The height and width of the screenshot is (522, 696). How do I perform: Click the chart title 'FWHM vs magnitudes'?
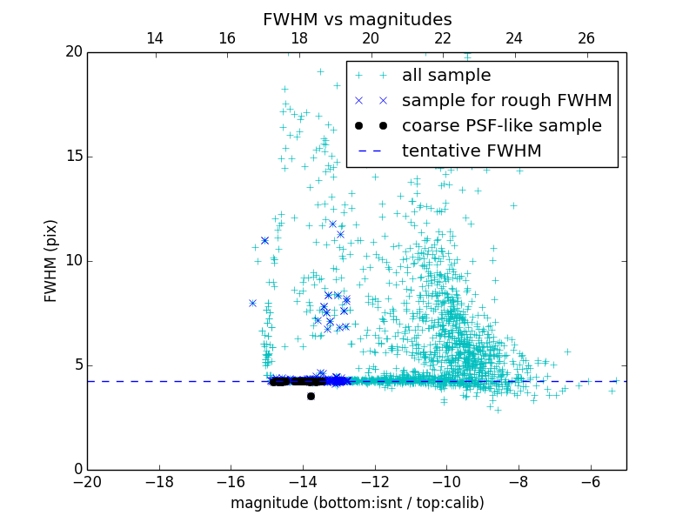click(x=357, y=19)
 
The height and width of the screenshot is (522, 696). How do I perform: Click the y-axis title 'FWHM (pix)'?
click(x=51, y=261)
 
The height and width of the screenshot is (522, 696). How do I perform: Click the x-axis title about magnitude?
click(x=357, y=503)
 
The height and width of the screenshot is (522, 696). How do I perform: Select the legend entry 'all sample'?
click(x=446, y=76)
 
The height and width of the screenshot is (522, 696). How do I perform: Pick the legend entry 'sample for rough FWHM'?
click(x=506, y=101)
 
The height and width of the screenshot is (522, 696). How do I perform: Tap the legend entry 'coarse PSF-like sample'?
click(x=501, y=126)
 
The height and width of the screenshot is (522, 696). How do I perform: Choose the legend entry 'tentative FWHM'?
click(x=472, y=151)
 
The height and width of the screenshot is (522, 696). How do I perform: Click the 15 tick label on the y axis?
click(x=72, y=157)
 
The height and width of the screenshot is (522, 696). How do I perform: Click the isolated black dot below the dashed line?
click(x=311, y=396)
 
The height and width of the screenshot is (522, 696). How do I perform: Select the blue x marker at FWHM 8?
click(x=252, y=303)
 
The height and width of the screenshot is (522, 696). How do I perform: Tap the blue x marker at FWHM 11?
click(x=264, y=240)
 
